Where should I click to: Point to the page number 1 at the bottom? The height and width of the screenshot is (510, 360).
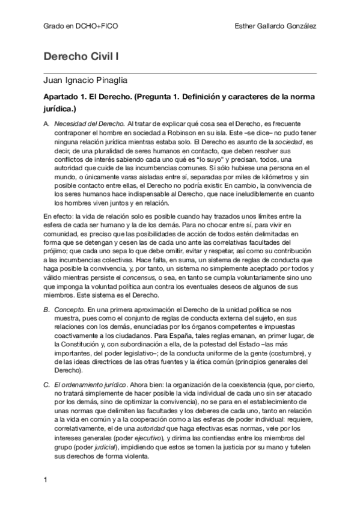(x=46, y=479)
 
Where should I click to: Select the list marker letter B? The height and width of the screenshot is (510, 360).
(x=47, y=309)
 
